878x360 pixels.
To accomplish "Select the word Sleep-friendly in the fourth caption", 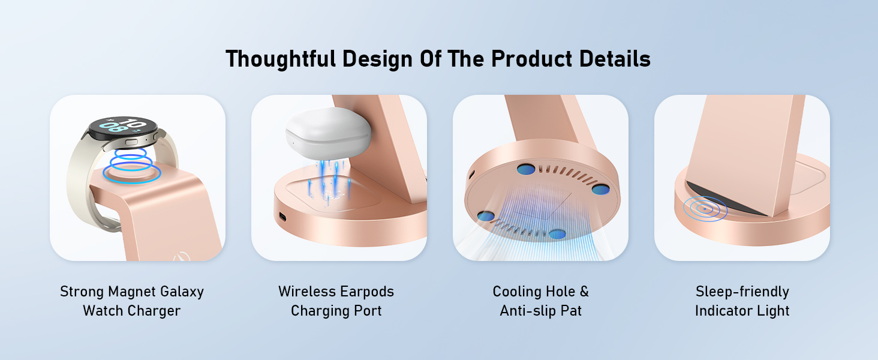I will pos(742,292).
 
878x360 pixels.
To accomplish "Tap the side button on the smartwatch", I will pos(131,142).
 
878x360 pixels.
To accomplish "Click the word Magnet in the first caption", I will pos(129,292).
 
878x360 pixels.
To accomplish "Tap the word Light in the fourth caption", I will pos(774,311).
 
